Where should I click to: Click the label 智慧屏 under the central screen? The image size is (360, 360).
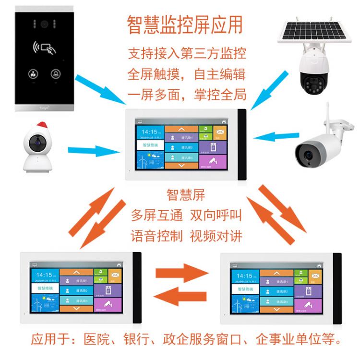(x=186, y=195)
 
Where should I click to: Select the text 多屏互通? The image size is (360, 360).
(x=157, y=216)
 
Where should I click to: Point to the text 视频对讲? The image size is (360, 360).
(x=216, y=236)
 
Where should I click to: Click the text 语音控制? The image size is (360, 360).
(x=157, y=236)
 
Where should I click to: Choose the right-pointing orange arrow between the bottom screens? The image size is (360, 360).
(x=182, y=274)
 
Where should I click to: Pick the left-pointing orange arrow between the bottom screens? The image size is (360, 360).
(x=182, y=296)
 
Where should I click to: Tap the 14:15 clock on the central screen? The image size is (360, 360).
(x=150, y=132)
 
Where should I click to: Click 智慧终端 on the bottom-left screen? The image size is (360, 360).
(x=45, y=288)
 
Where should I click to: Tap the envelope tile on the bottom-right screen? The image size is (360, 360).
(x=314, y=276)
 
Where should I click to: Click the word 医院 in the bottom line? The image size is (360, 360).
(x=97, y=340)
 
